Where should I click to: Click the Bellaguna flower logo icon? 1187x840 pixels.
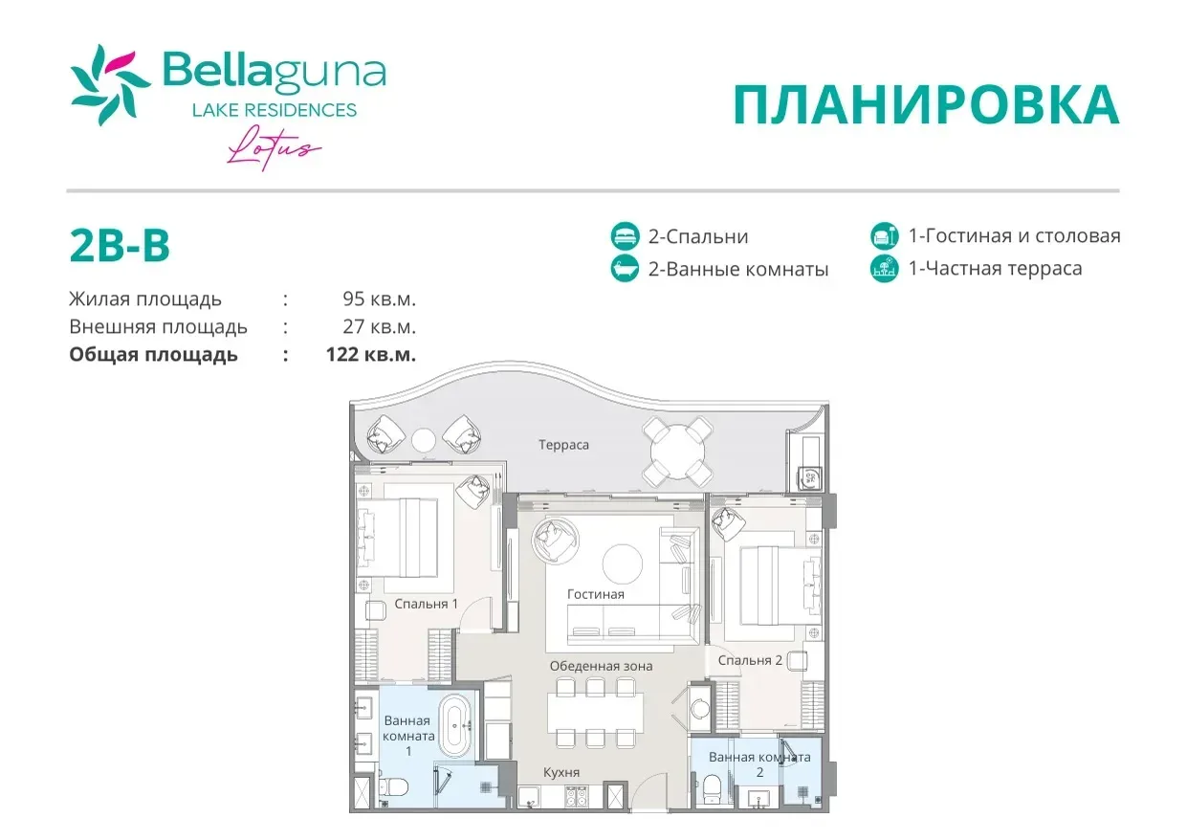[110, 85]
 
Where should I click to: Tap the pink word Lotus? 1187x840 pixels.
[274, 148]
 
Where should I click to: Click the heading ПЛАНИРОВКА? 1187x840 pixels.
[926, 105]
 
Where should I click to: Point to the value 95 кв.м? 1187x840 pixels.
[379, 298]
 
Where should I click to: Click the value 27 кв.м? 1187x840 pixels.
[379, 326]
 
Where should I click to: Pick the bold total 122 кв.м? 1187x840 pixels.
[370, 354]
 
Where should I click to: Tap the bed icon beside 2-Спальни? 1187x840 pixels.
[625, 236]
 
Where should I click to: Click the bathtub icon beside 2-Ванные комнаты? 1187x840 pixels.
[625, 268]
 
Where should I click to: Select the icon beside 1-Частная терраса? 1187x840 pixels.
[885, 268]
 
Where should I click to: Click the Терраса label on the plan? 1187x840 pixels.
[563, 445]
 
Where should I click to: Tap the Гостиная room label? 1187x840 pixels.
[596, 594]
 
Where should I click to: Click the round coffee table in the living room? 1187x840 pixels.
[623, 564]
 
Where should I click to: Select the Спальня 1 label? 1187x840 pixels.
[426, 604]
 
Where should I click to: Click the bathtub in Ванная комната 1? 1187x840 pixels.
[455, 726]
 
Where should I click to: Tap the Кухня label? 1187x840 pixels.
[561, 772]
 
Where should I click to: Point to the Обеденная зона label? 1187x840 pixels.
[601, 666]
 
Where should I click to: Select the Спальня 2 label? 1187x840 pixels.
[750, 660]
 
